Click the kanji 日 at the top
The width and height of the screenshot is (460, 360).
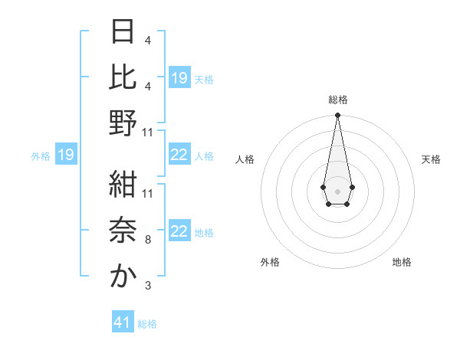click(123, 31)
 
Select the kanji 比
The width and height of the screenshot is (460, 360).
click(123, 77)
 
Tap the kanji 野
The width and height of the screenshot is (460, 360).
click(123, 123)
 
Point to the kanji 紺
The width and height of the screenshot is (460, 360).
click(123, 185)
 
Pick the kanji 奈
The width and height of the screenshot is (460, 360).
click(123, 231)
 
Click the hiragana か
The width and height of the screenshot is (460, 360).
click(123, 277)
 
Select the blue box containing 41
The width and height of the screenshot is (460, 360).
click(123, 322)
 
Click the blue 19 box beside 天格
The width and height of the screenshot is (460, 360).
click(179, 78)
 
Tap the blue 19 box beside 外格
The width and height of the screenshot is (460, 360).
click(66, 155)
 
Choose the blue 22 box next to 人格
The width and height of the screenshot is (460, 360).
click(179, 155)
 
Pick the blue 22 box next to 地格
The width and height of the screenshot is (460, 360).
click(179, 232)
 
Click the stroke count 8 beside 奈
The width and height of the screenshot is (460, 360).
click(148, 240)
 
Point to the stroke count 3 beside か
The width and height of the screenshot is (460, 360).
click(148, 286)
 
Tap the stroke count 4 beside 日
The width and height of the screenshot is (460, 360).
click(148, 40)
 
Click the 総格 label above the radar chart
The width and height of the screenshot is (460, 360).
click(338, 100)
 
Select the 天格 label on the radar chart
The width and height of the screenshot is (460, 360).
click(431, 159)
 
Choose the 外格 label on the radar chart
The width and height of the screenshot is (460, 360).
click(270, 262)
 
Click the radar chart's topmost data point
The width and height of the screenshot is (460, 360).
click(337, 116)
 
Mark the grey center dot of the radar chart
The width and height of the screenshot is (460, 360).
click(337, 190)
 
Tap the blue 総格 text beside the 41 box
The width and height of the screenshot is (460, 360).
click(147, 324)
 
